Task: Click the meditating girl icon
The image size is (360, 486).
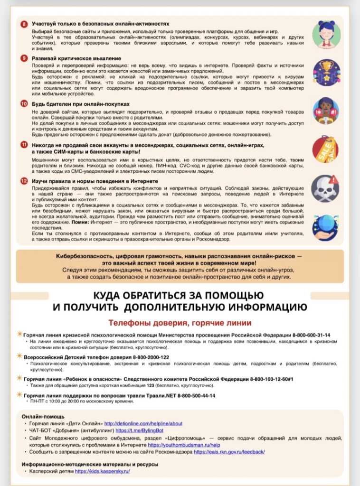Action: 326,34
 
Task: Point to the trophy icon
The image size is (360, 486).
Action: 326,72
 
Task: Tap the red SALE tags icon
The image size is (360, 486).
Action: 326,150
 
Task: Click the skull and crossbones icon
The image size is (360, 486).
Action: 326,188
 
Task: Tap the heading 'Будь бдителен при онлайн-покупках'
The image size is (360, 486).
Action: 81,103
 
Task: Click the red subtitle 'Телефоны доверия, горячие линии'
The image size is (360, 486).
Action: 180,323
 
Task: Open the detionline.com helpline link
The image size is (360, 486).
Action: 143,423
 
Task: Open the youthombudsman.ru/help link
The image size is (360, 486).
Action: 184,445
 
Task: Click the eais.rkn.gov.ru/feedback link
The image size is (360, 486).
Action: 229,452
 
